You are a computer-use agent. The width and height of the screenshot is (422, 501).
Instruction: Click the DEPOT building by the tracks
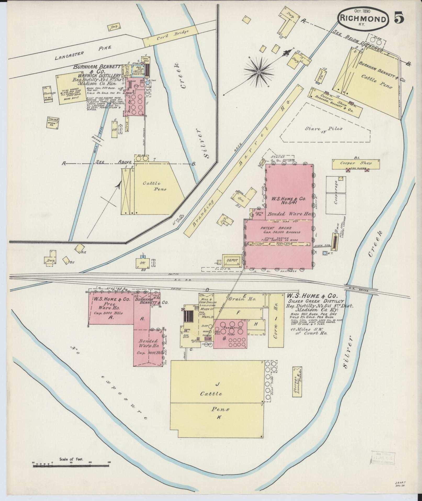[232, 260]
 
